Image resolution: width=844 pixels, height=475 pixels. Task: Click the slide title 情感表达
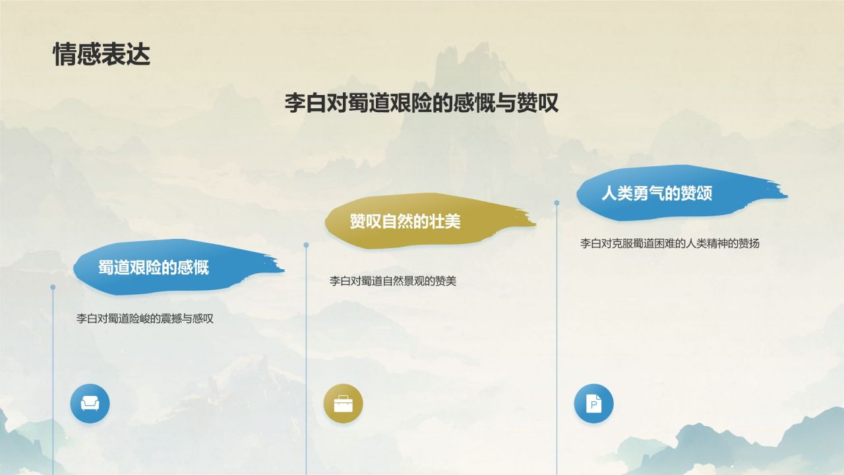pyautogui.click(x=102, y=55)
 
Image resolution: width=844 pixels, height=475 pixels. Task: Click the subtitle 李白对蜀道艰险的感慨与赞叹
pyautogui.click(x=421, y=103)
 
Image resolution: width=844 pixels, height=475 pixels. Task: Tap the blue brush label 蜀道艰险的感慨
pyautogui.click(x=154, y=267)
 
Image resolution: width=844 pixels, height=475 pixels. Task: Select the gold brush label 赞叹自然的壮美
pyautogui.click(x=405, y=222)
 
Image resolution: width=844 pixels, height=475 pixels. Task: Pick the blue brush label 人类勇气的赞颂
pyautogui.click(x=656, y=193)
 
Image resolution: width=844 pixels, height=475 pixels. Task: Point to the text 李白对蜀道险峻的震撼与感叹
pyautogui.click(x=145, y=319)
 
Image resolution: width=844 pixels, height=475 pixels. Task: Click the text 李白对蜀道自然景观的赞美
pyautogui.click(x=393, y=281)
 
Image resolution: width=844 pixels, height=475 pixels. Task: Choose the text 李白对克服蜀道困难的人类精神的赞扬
pyautogui.click(x=669, y=243)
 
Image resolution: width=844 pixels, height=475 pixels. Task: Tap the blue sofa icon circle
pyautogui.click(x=90, y=404)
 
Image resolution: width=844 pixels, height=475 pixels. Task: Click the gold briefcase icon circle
pyautogui.click(x=343, y=404)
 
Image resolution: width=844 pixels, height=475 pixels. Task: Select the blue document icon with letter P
pyautogui.click(x=593, y=404)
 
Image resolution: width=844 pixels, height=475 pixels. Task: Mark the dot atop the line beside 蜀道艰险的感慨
pyautogui.click(x=53, y=287)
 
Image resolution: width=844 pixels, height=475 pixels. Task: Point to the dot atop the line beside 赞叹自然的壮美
pyautogui.click(x=306, y=245)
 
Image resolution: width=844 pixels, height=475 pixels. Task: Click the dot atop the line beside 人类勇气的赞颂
pyautogui.click(x=557, y=203)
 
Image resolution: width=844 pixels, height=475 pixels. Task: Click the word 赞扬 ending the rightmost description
pyautogui.click(x=749, y=243)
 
